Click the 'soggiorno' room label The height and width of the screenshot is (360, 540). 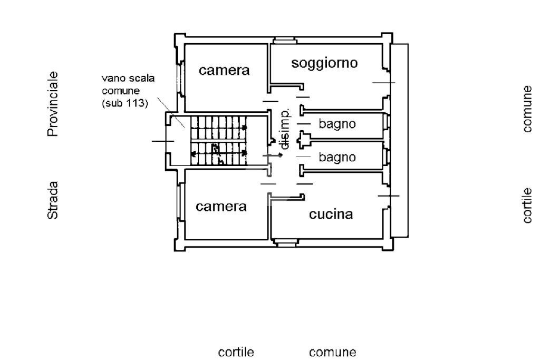tap(324, 63)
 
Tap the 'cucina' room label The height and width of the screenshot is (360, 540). tap(331, 215)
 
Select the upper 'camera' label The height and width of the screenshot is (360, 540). tap(224, 70)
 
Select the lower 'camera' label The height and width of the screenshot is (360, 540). tap(221, 207)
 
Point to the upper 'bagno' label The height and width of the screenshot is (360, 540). tap(337, 124)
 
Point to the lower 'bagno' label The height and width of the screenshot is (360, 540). tap(337, 157)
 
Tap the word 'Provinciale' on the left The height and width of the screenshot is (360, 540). tap(53, 104)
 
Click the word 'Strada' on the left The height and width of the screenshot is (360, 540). tap(53, 200)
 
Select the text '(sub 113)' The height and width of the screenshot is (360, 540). tap(124, 103)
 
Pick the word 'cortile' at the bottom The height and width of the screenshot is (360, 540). tap(236, 352)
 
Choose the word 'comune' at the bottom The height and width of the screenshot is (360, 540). tap(332, 352)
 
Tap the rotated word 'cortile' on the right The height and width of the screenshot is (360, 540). tap(528, 206)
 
